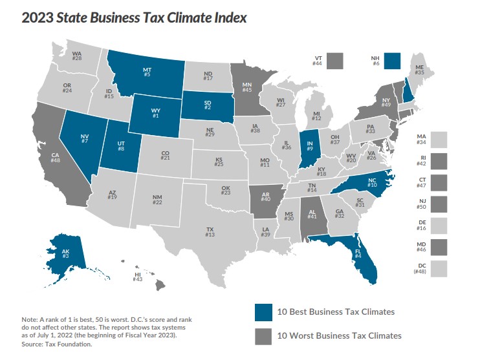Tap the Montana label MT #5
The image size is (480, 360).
point(147,71)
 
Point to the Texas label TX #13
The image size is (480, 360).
point(210,232)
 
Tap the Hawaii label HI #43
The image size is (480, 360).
point(138,277)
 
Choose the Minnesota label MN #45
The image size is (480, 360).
point(246,87)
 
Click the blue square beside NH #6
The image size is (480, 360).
point(393,61)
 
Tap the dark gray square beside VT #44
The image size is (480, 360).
point(334,61)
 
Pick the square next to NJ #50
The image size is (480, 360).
point(439,205)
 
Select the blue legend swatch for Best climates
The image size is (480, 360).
point(264,312)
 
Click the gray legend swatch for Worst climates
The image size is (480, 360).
point(264,335)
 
